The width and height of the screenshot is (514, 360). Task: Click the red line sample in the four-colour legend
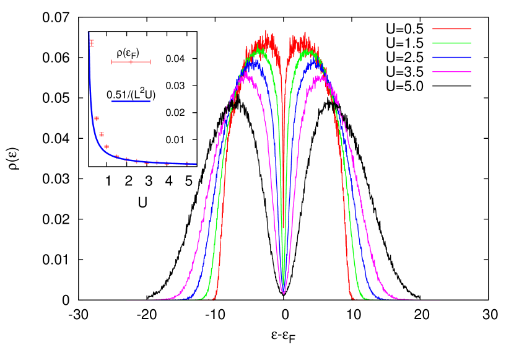451,29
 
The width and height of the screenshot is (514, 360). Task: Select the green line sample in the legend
451,43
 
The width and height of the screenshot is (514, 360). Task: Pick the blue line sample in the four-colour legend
451,58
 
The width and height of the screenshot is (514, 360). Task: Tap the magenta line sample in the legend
451,72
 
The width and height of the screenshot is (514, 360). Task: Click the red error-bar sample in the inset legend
131,62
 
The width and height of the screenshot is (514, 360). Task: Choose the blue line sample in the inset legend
131,101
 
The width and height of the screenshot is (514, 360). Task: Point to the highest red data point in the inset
92,43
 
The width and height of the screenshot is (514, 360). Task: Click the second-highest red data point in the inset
97,118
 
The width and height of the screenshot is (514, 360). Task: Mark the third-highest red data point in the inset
102,134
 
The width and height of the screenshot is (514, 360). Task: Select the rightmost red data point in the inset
187,164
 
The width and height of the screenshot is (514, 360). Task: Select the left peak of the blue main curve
254,61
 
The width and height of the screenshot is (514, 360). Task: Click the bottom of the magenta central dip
283,293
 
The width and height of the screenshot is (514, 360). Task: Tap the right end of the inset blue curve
196,164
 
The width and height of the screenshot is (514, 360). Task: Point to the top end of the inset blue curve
89,33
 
